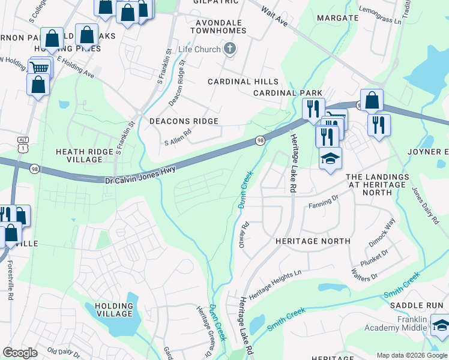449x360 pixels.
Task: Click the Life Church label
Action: [x=199, y=49]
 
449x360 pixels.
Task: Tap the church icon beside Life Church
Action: [x=229, y=49]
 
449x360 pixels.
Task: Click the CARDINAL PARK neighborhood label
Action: [x=283, y=93]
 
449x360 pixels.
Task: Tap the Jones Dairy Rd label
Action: [x=424, y=206]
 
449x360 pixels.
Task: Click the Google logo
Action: [x=20, y=353]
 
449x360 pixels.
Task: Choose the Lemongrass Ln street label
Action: [x=379, y=16]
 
